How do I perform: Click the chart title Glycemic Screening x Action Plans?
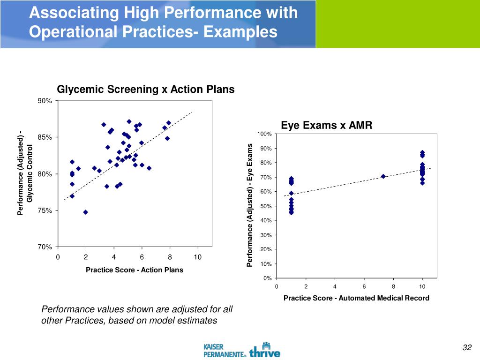point(145,90)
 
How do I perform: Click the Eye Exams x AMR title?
point(326,125)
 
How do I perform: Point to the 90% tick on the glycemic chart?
point(45,101)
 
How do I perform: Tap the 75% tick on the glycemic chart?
point(45,210)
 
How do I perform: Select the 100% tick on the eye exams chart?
point(264,135)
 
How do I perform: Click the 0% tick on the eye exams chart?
point(266,278)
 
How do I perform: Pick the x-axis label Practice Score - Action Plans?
point(135,270)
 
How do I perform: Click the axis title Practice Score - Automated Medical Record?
point(356,298)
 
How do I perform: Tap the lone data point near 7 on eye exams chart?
point(383,176)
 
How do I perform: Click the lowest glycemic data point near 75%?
point(85,212)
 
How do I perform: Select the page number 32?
point(466,347)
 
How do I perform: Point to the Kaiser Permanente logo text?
point(225,351)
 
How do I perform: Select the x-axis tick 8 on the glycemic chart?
point(170,257)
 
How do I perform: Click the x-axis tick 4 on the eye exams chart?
point(335,287)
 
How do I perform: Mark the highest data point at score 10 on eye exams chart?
point(422,153)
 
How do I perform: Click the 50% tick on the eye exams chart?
point(265,206)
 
